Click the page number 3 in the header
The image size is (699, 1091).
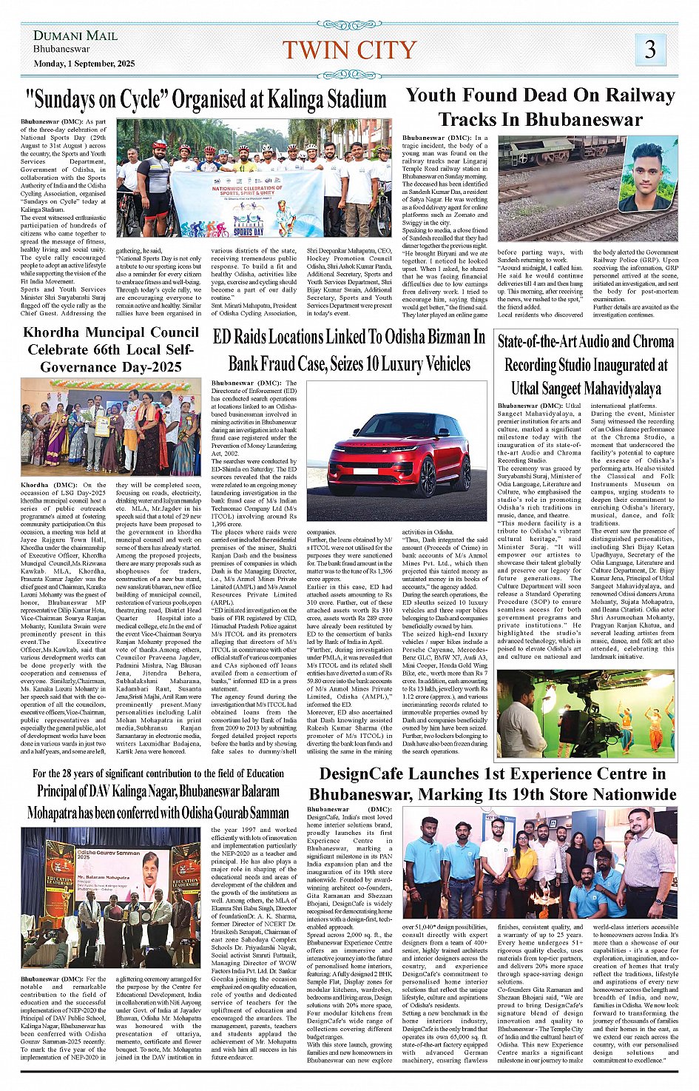(x=650, y=50)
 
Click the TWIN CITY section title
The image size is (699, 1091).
(x=349, y=50)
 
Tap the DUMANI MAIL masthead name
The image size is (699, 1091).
(x=75, y=36)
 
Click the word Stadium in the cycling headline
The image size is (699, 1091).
(x=351, y=98)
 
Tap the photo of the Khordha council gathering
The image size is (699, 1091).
(x=110, y=428)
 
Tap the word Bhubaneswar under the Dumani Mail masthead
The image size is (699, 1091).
(x=61, y=49)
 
